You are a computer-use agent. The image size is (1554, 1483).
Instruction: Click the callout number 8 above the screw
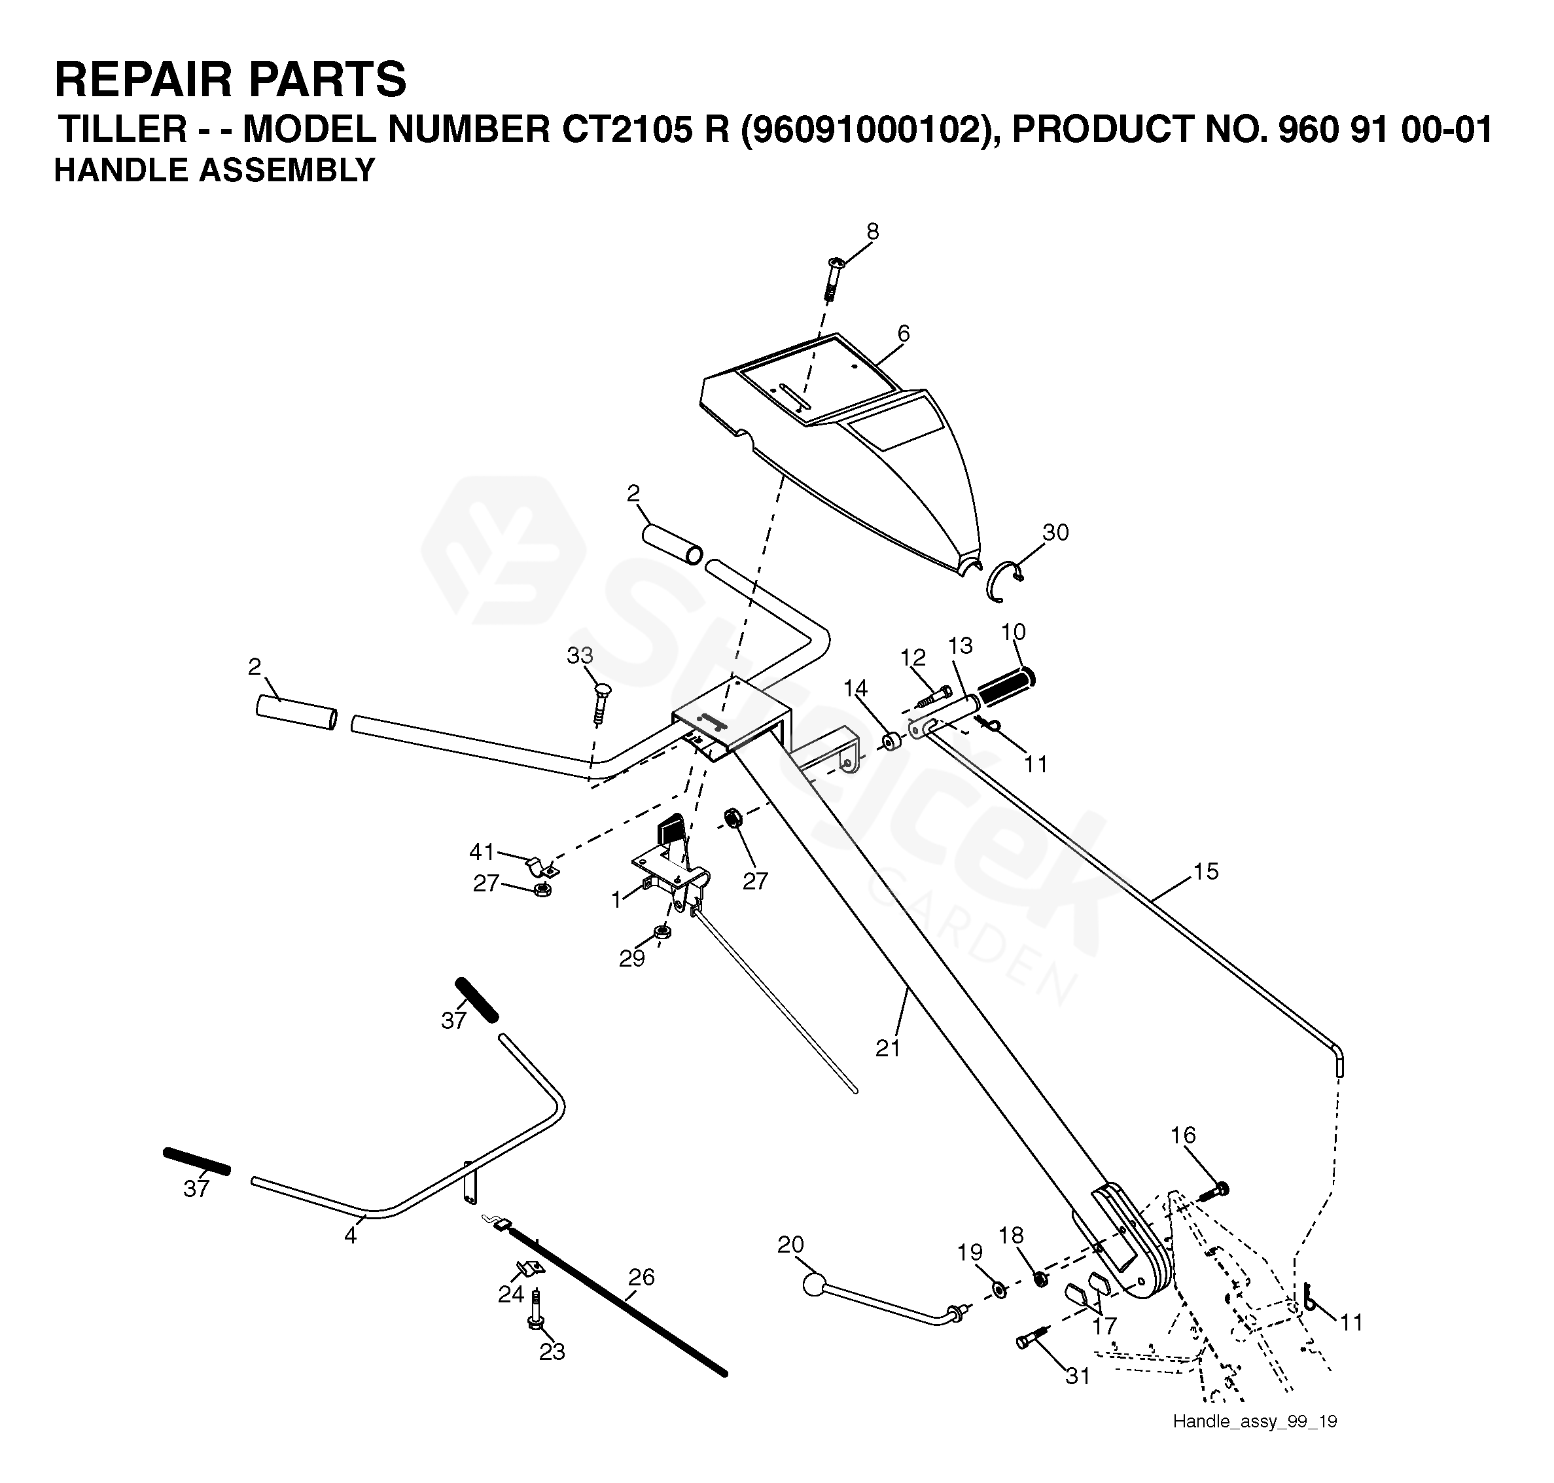coord(872,232)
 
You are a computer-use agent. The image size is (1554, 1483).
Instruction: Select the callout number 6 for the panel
coord(904,334)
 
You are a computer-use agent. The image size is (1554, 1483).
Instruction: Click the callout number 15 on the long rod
coord(1205,871)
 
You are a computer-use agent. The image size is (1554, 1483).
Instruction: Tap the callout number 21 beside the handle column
coord(889,1048)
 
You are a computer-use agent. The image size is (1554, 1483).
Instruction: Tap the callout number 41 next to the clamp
coord(482,851)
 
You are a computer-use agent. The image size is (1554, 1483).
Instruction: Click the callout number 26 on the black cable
coord(641,1277)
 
